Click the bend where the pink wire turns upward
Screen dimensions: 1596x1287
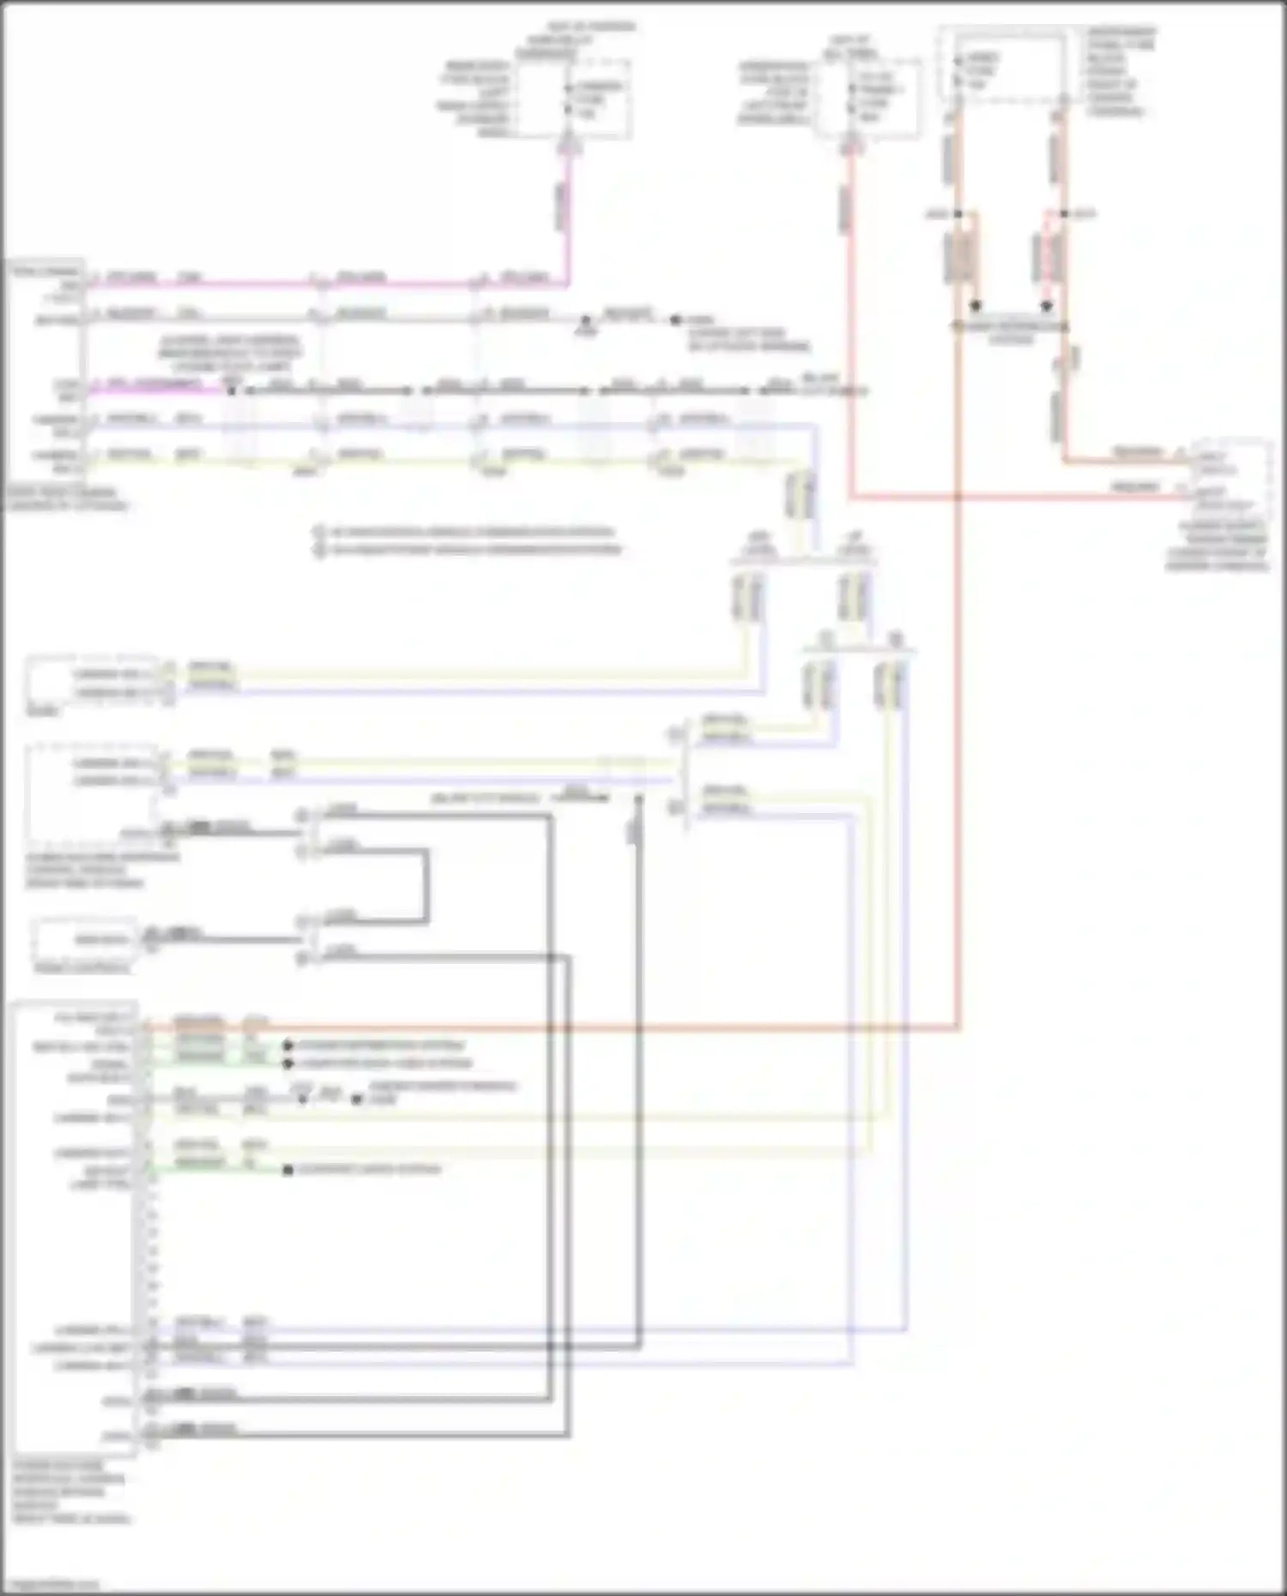click(x=566, y=283)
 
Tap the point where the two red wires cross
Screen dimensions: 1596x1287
click(x=958, y=497)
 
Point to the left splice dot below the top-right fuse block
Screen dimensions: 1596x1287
click(x=958, y=214)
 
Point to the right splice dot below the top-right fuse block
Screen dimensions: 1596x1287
click(x=1064, y=214)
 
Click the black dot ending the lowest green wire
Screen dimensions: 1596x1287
click(x=288, y=1170)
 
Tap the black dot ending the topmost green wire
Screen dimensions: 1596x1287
click(x=288, y=1046)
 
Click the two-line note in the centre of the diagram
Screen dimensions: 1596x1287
click(x=468, y=541)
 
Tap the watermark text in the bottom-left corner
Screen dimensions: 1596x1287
click(x=51, y=1585)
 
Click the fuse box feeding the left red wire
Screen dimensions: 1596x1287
click(x=869, y=99)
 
